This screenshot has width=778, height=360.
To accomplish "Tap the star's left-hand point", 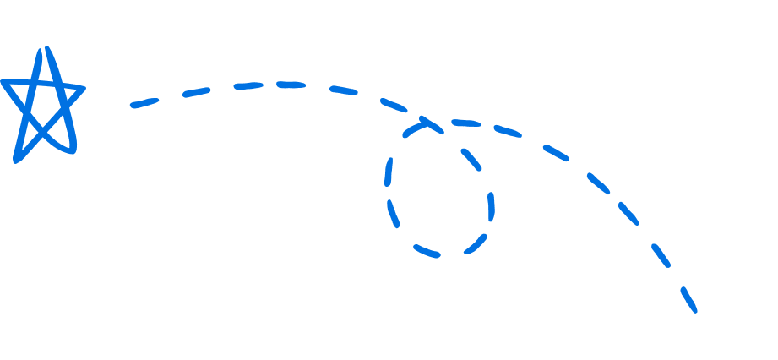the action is (x=4, y=82).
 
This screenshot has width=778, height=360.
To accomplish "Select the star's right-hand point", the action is (x=83, y=86).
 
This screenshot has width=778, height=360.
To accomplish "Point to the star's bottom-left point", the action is (x=16, y=159).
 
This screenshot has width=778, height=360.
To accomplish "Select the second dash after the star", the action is (x=196, y=91).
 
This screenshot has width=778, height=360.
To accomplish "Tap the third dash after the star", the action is (x=248, y=85).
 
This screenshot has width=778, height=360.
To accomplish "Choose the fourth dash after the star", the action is (x=290, y=84).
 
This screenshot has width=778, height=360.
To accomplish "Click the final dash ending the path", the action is (x=688, y=299).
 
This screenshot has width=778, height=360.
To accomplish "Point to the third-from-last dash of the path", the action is (x=628, y=213).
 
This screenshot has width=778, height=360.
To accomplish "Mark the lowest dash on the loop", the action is (x=427, y=251).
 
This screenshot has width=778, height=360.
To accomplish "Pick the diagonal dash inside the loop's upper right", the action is (x=471, y=159).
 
